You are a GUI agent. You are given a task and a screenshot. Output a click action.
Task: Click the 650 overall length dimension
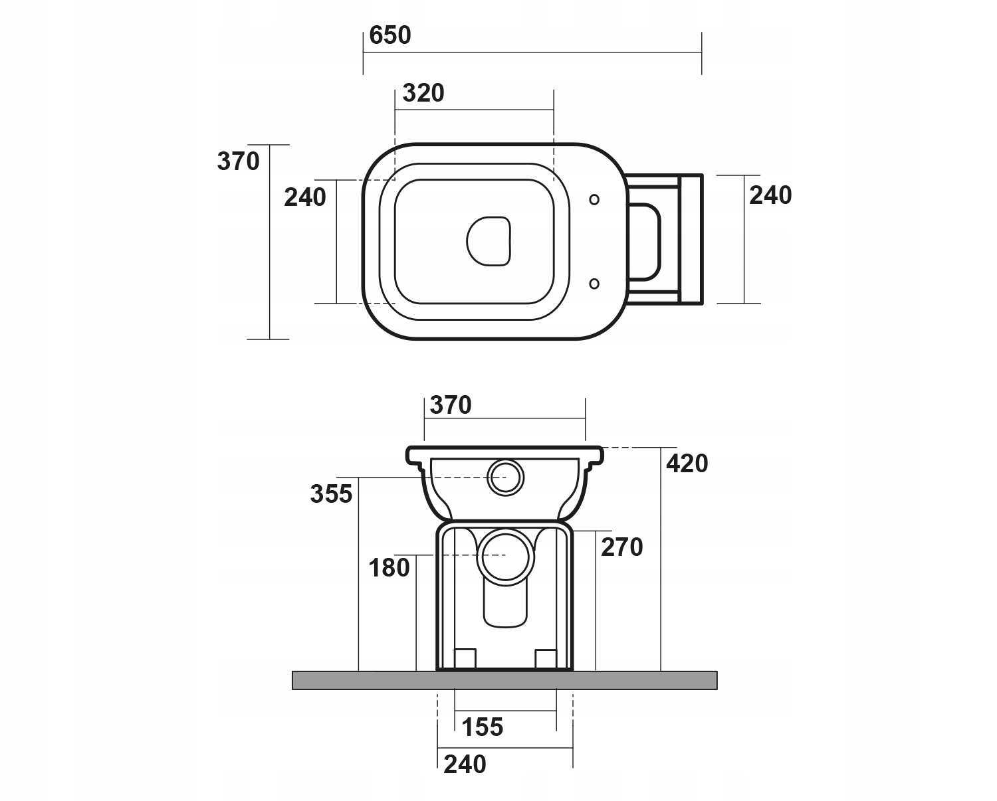click(x=390, y=35)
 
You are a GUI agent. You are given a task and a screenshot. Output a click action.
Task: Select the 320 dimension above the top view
click(x=423, y=94)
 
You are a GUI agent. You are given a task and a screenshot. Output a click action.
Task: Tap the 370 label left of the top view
click(x=238, y=161)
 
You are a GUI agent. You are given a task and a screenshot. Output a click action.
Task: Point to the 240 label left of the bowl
click(x=305, y=197)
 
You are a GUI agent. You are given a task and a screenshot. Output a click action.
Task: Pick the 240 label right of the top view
click(x=770, y=195)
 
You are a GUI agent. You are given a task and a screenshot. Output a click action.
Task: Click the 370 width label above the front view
click(x=451, y=405)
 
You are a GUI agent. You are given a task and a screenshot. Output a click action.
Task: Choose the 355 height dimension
click(x=331, y=493)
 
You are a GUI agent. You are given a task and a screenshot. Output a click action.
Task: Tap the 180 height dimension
click(x=389, y=568)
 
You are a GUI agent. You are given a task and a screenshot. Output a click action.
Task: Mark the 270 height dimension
click(x=622, y=547)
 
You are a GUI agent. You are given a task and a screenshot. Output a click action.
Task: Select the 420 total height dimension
click(x=687, y=464)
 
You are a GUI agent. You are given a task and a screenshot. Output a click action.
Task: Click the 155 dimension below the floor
click(x=483, y=727)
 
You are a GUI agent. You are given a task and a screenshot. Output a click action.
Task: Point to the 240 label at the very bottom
click(x=465, y=764)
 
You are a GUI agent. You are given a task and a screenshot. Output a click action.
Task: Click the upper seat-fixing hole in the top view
click(x=594, y=199)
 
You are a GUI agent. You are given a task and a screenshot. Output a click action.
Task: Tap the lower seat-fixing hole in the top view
click(x=594, y=284)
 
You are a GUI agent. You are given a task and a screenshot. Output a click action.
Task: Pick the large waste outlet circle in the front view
click(x=506, y=555)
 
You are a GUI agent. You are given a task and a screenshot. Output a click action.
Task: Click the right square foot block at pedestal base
click(x=546, y=658)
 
